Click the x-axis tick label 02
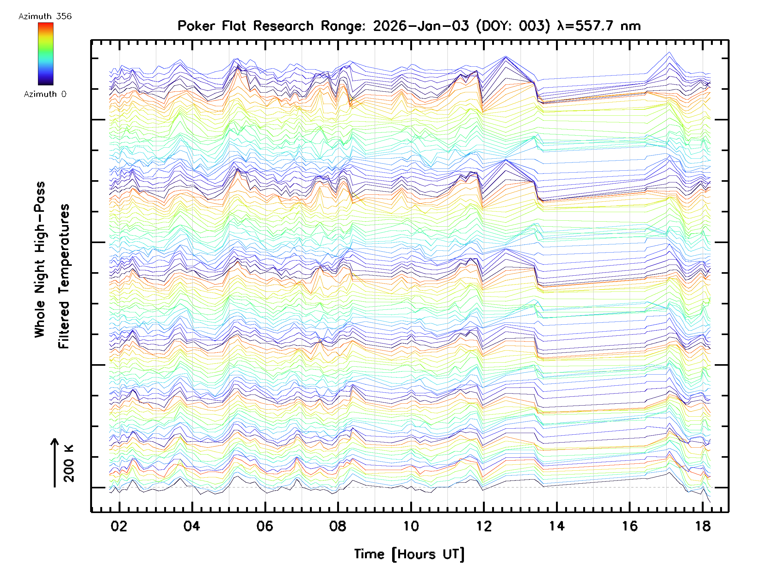coord(119,526)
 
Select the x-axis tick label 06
coord(265,526)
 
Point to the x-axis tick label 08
coord(338,526)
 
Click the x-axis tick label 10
coord(411,526)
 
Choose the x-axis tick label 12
coord(484,526)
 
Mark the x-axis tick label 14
coord(557,526)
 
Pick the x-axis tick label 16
coord(630,526)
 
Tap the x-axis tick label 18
coord(703,526)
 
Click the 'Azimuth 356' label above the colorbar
coord(45,16)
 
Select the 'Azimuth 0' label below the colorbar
coord(45,94)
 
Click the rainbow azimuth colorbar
coord(46,54)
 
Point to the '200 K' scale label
coord(69,463)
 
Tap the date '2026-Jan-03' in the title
coord(421,26)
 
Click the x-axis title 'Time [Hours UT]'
coord(409,554)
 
